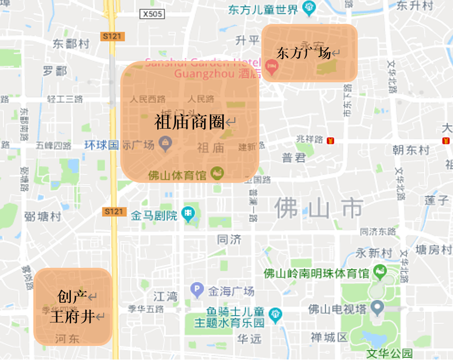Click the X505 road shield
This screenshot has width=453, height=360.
coord(152,14)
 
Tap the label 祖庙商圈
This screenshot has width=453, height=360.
coord(190,122)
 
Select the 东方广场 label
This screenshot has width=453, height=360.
coord(304,53)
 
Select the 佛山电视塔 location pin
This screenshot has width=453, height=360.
coord(377,309)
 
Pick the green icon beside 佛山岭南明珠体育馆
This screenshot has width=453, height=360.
coord(381,272)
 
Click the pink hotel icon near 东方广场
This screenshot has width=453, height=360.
coord(271,66)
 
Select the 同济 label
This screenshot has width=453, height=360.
coord(229,240)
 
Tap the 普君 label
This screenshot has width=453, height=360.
coord(293,158)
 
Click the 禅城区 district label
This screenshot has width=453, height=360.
coord(329,337)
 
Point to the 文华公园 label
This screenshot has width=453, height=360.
coord(389,354)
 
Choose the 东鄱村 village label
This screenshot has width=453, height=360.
coord(71,44)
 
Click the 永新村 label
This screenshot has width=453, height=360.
coord(373,253)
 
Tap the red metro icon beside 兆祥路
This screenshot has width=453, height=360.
coord(330,141)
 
